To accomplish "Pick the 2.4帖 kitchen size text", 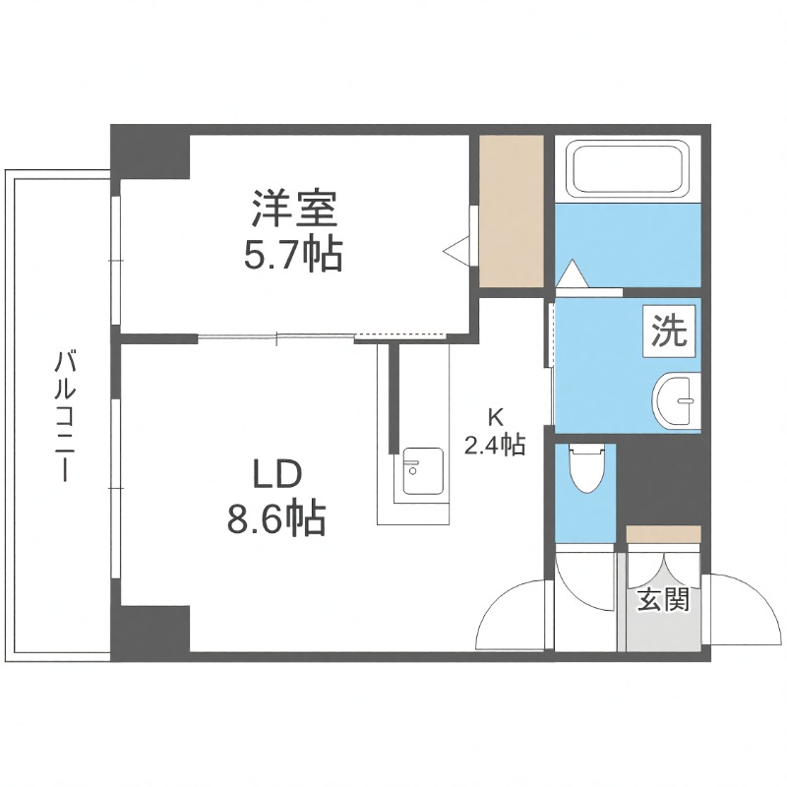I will (494, 445).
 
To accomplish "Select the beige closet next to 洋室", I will (512, 211).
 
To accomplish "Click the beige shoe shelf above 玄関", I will (663, 534).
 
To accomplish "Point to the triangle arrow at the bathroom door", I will (572, 274).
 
